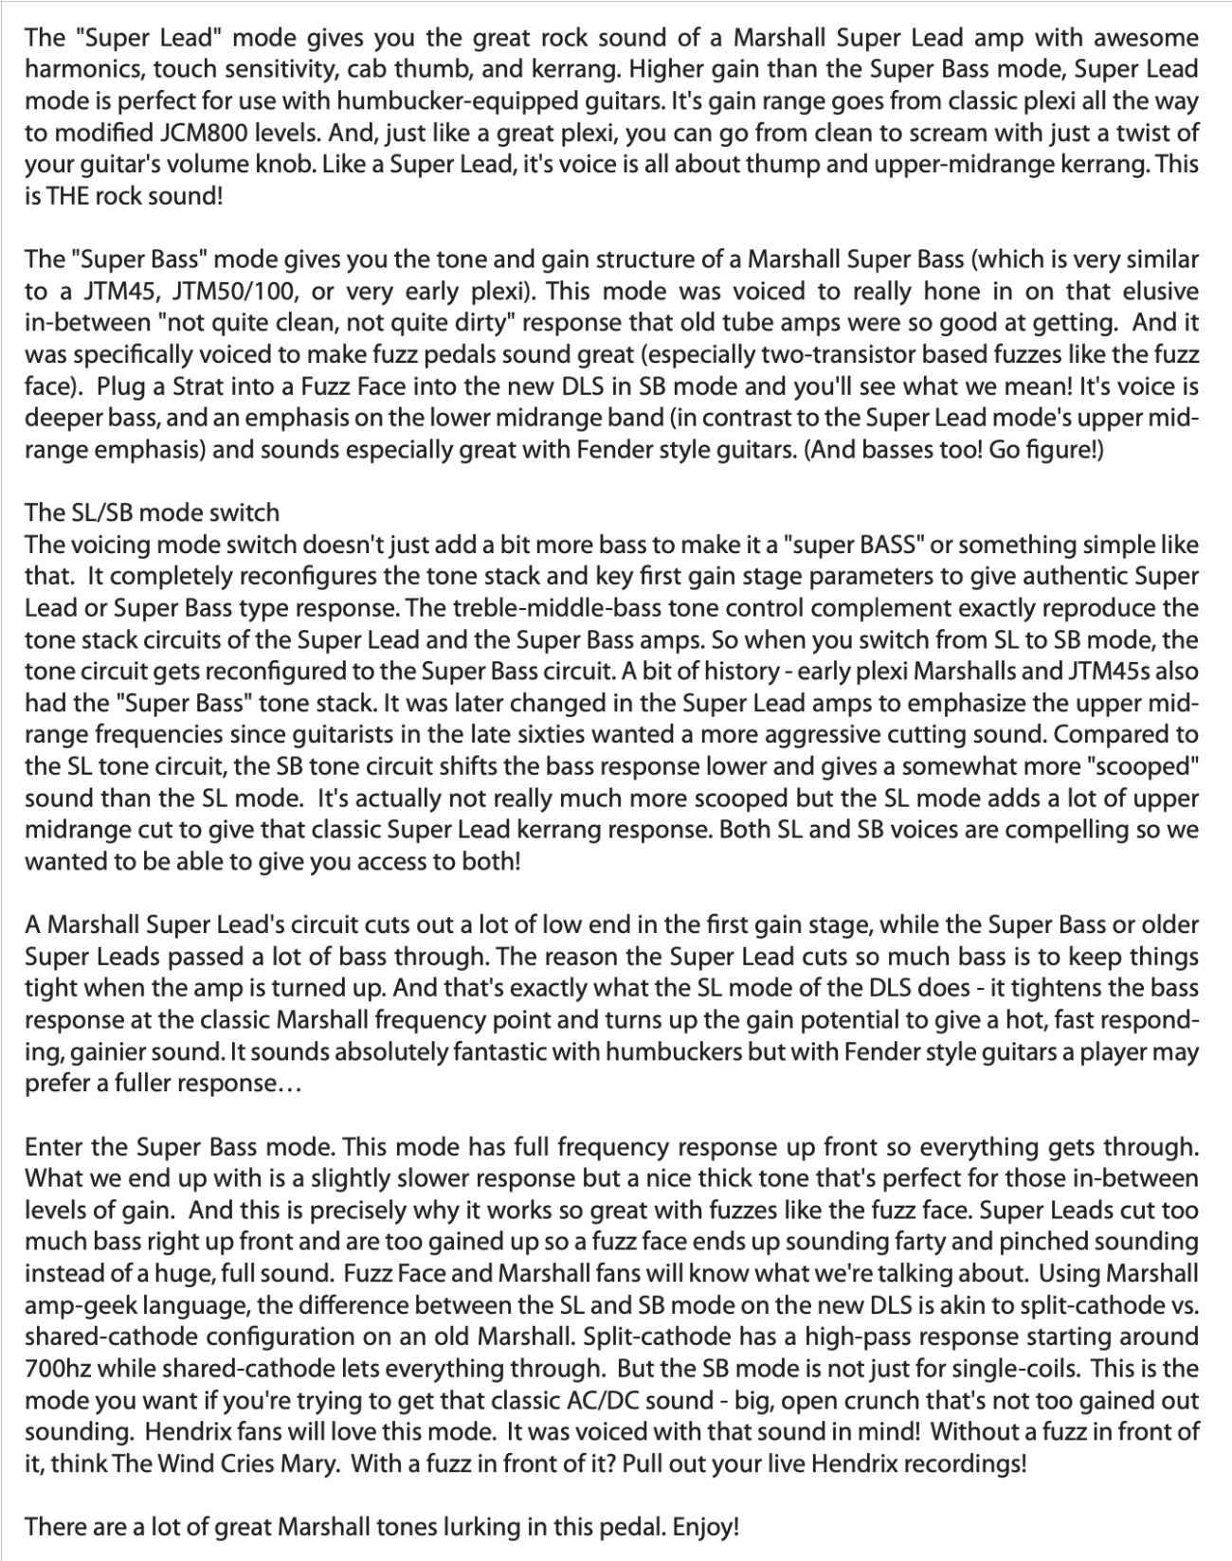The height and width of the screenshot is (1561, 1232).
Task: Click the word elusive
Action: point(1161,291)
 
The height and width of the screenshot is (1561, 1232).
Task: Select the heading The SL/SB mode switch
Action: point(152,513)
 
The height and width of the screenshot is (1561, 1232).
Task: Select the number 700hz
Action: point(60,1370)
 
